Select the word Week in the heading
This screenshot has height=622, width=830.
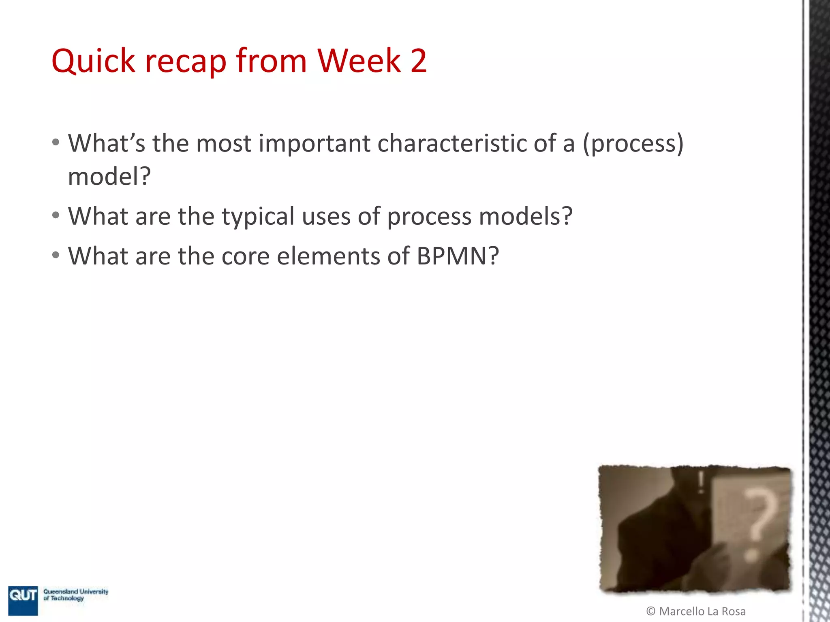coord(359,61)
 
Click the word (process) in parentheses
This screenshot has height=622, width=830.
coord(633,144)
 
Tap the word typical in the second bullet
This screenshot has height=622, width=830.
coord(258,217)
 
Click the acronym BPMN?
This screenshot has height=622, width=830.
coord(458,256)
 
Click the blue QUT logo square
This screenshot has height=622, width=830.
coord(23,600)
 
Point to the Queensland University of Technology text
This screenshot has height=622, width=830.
coord(76,594)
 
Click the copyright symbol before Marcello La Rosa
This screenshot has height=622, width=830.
coord(651,611)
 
